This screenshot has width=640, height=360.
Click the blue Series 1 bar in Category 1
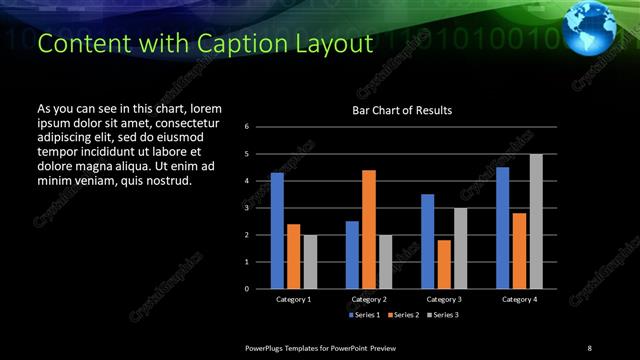point(277,231)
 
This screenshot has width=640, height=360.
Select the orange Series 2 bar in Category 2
point(369,229)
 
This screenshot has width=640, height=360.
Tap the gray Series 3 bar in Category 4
point(536,221)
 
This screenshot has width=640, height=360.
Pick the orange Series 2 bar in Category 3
point(444,264)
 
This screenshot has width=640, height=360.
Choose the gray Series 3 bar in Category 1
point(310,262)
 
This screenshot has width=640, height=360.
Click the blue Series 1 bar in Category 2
point(352,255)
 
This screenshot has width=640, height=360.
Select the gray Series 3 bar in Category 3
point(461,248)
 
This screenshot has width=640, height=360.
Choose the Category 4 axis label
point(519,299)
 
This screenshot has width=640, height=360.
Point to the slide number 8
point(589,347)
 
